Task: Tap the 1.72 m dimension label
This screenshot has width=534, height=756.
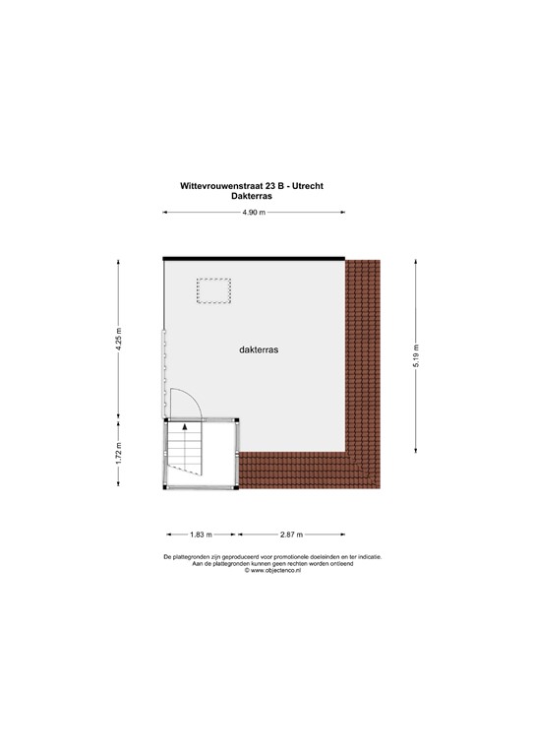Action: click(119, 454)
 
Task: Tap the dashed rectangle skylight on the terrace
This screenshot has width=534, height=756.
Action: click(213, 292)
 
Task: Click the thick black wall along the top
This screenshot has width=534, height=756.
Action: click(254, 257)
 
